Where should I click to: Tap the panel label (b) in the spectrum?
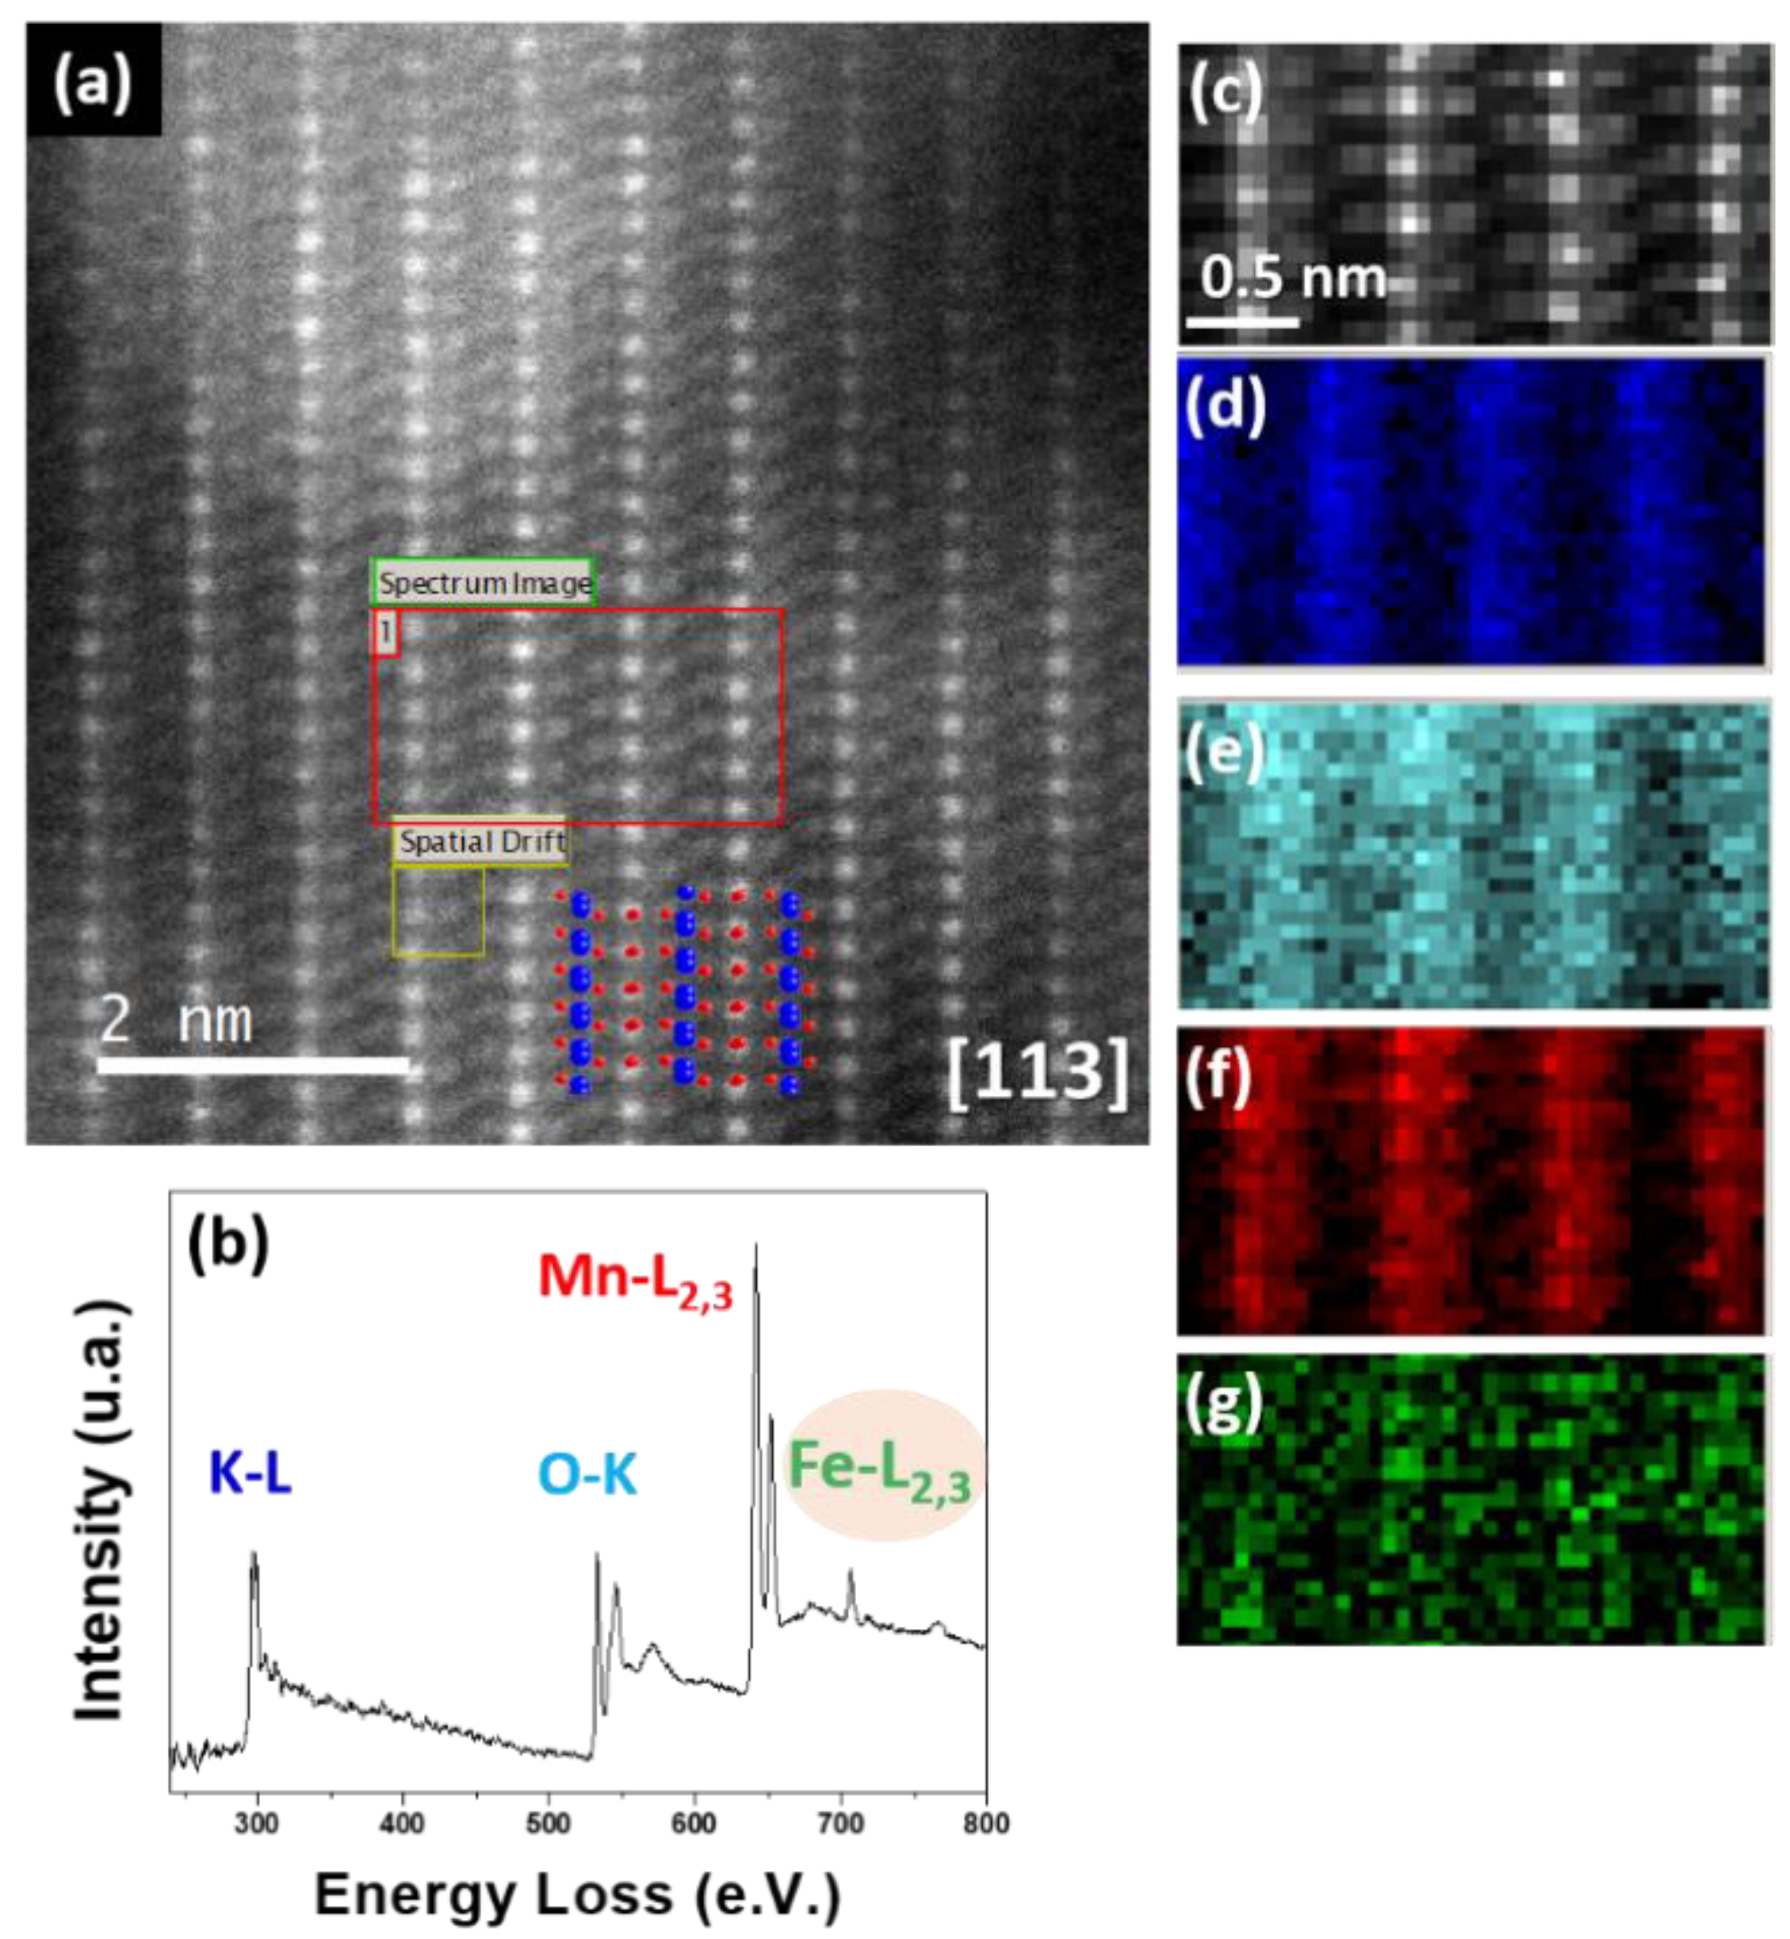click(228, 1246)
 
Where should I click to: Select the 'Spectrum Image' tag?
click(485, 583)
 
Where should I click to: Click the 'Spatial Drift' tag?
click(481, 842)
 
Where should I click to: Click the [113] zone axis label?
click(1038, 1074)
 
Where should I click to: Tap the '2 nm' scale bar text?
click(176, 1020)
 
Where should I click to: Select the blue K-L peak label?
click(250, 1474)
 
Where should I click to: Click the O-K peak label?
click(587, 1475)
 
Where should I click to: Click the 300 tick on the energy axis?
click(257, 1824)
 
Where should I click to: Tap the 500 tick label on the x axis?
click(548, 1824)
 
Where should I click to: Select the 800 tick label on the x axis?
click(986, 1824)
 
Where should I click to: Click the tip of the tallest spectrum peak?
click(756, 1246)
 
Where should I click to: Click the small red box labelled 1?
click(385, 633)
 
